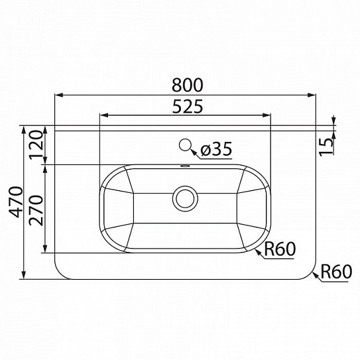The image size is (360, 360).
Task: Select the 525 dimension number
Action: [184, 106]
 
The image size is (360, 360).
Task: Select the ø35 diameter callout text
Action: [215, 150]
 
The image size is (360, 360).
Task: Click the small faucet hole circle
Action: [186, 146]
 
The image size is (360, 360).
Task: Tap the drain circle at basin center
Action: [184, 198]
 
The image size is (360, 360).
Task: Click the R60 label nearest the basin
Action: [278, 249]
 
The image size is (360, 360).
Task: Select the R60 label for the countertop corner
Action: [335, 271]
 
